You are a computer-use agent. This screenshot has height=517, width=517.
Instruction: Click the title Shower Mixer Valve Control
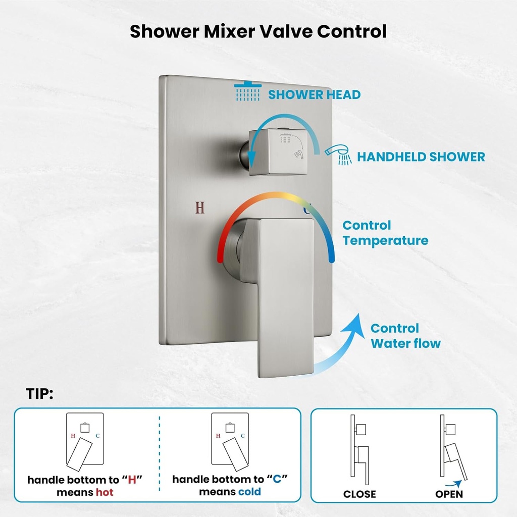click(258, 31)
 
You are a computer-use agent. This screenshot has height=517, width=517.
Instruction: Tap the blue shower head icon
click(247, 91)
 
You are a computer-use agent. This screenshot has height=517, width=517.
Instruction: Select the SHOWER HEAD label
click(314, 94)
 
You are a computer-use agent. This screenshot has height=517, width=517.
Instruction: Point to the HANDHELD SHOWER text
click(421, 157)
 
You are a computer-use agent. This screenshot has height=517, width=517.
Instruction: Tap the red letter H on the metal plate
click(200, 208)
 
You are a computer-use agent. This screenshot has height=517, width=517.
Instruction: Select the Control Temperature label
click(385, 233)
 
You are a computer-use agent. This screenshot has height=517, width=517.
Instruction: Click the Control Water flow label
click(405, 336)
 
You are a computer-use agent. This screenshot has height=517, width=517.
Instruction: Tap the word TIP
click(39, 394)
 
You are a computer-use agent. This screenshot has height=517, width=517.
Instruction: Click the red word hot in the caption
click(105, 492)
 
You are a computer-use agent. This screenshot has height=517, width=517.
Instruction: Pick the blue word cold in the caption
click(249, 491)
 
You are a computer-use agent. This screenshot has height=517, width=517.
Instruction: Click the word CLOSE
click(359, 494)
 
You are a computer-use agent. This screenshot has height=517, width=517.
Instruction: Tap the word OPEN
click(448, 494)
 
